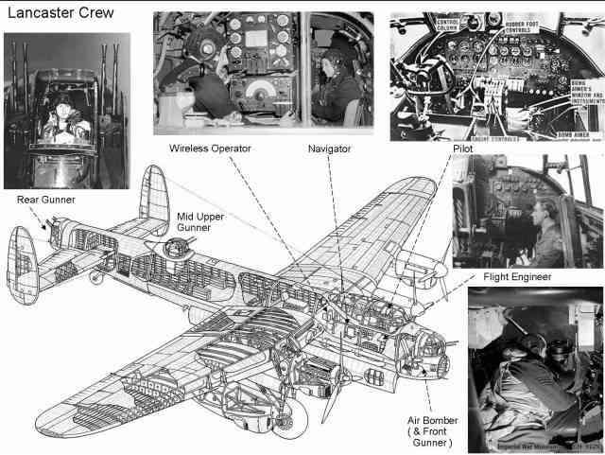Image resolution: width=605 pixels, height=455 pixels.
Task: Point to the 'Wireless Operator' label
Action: pyautogui.click(x=216, y=149)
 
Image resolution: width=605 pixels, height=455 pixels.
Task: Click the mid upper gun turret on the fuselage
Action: pyautogui.click(x=173, y=249)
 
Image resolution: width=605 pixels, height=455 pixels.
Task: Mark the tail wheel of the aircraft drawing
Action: pyautogui.click(x=94, y=279)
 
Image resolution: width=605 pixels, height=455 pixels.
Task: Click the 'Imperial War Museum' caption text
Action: pyautogui.click(x=515, y=443)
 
